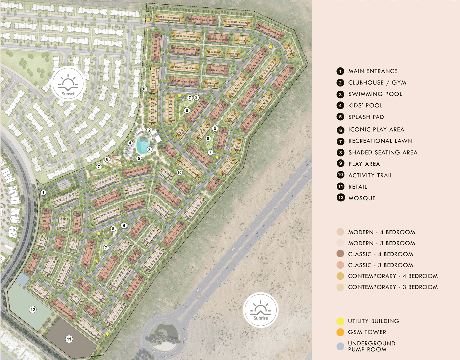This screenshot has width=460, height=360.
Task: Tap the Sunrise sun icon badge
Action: pyautogui.click(x=260, y=310)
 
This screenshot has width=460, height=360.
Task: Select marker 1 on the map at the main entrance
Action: pyautogui.click(x=43, y=193)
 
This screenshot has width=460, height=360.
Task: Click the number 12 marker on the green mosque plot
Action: pyautogui.click(x=33, y=310)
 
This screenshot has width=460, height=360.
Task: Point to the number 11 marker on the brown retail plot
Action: pyautogui.click(x=69, y=339)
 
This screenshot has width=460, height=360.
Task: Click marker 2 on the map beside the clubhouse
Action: pyautogui.click(x=149, y=130)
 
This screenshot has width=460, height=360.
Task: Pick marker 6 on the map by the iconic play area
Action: pyautogui.click(x=107, y=159)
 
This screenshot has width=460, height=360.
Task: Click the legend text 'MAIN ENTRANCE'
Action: pyautogui.click(x=373, y=71)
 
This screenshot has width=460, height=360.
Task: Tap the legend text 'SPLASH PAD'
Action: pyautogui.click(x=366, y=117)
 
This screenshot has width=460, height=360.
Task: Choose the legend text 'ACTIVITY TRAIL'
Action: pyautogui.click(x=370, y=175)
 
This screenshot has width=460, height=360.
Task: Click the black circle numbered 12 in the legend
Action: pyautogui.click(x=340, y=198)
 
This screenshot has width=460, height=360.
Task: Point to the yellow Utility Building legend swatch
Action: pyautogui.click(x=340, y=321)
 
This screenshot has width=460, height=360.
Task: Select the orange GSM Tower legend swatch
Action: pyautogui.click(x=340, y=332)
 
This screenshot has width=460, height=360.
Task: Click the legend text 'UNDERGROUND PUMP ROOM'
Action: pyautogui.click(x=371, y=347)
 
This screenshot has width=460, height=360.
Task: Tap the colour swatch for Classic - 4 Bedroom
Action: pyautogui.click(x=340, y=254)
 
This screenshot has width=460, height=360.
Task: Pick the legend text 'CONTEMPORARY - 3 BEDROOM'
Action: pyautogui.click(x=393, y=287)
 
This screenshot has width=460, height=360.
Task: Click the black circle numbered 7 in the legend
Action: pyautogui.click(x=340, y=141)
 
